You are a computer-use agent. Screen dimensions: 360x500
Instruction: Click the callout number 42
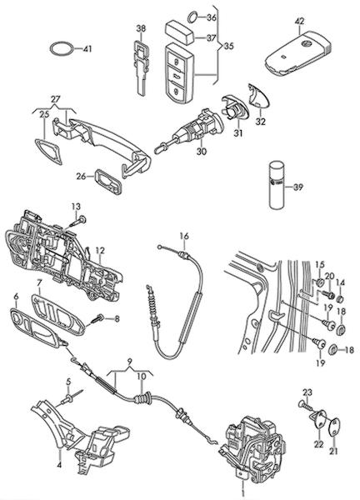pyautogui.click(x=299, y=22)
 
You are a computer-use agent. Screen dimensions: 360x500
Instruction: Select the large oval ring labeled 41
pyautogui.click(x=62, y=49)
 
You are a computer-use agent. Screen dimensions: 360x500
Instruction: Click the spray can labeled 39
pyautogui.click(x=276, y=186)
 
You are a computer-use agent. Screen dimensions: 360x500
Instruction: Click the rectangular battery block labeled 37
pyautogui.click(x=180, y=32)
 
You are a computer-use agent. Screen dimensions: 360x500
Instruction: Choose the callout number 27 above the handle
pyautogui.click(x=55, y=99)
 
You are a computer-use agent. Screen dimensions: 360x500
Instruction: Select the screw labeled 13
pyautogui.click(x=77, y=222)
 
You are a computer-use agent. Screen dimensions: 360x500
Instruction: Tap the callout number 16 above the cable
pyautogui.click(x=184, y=237)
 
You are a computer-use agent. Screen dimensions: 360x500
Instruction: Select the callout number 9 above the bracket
pyautogui.click(x=129, y=362)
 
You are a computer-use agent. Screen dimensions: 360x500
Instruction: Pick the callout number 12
pyautogui.click(x=100, y=251)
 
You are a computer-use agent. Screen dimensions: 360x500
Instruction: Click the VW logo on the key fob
pyautogui.click(x=307, y=42)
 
